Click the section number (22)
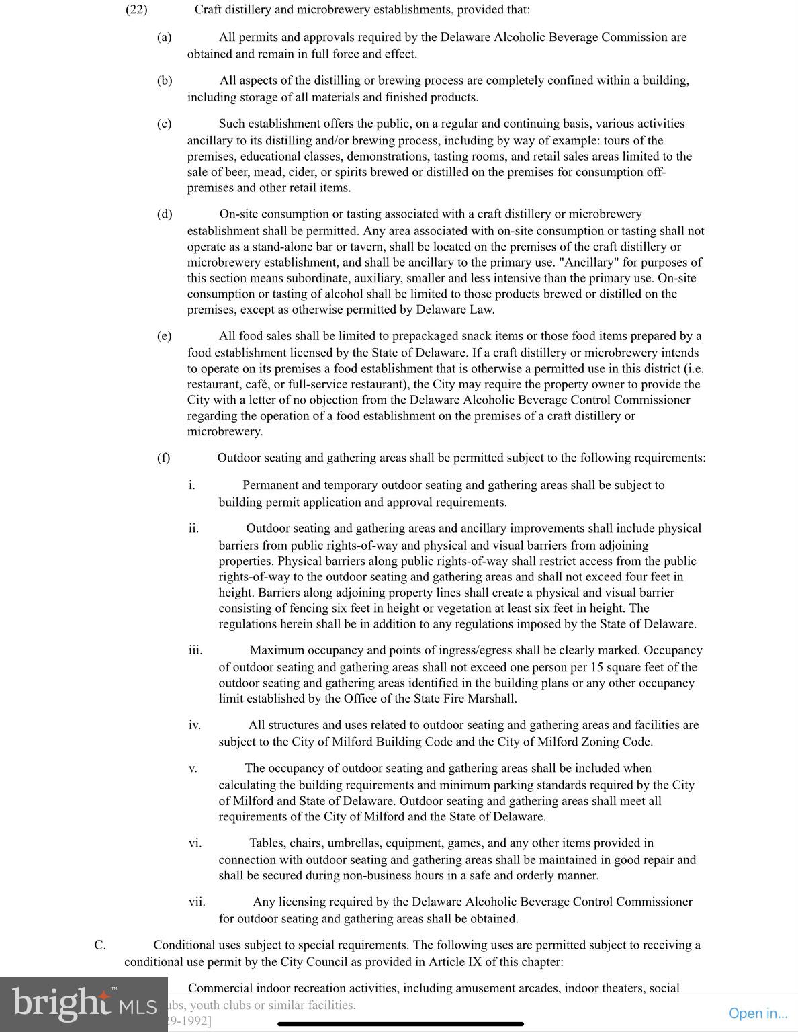pos(136,10)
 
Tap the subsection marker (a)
pos(164,38)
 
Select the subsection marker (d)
pos(165,214)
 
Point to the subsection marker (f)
pos(163,458)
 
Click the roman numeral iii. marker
pos(195,650)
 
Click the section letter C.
pos(100,945)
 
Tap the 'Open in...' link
pos(758,1013)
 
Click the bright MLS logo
pos(83,1004)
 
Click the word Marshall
pos(492,699)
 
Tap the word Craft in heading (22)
pos(208,10)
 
